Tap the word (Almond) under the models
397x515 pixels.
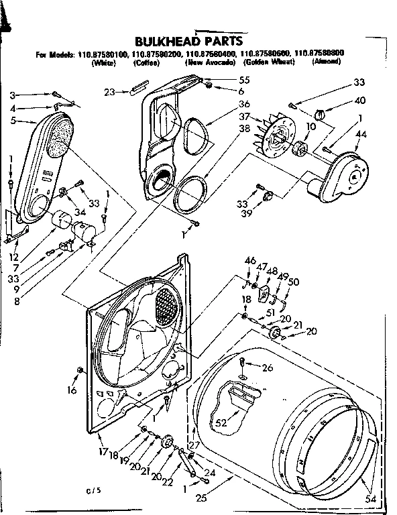point(328,62)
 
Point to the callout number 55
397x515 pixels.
point(225,79)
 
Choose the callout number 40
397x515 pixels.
point(361,101)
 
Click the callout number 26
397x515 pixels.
point(268,367)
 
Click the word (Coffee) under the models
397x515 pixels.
point(146,62)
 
